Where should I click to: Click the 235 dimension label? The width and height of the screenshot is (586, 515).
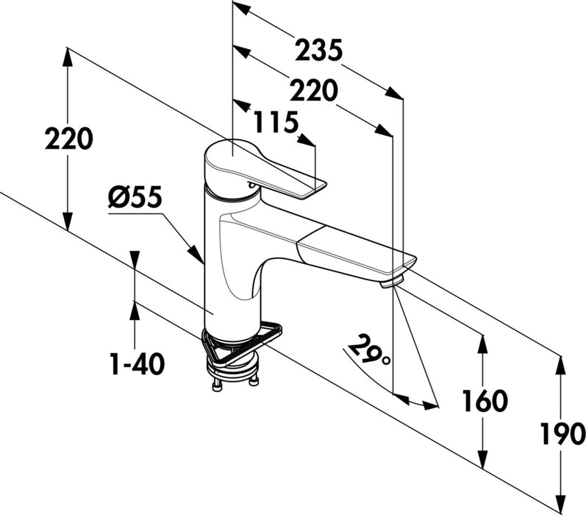[x=318, y=51]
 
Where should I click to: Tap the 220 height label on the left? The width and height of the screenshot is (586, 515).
[x=68, y=139]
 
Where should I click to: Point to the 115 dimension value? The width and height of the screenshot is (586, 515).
[x=275, y=122]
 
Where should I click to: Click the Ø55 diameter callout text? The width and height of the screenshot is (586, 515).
[x=133, y=198]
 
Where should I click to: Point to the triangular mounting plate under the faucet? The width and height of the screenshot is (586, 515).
[x=243, y=346]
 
